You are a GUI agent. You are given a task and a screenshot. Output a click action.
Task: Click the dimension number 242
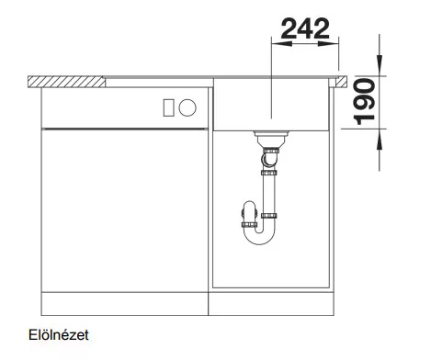pyautogui.click(x=305, y=28)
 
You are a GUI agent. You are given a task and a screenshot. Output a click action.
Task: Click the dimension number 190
pyautogui.click(x=364, y=102)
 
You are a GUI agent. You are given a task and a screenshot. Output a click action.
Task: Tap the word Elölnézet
pyautogui.click(x=59, y=335)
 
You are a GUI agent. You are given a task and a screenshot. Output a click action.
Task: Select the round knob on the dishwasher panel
pyautogui.click(x=187, y=107)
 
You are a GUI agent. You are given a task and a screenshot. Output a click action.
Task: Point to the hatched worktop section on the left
pyautogui.click(x=66, y=82)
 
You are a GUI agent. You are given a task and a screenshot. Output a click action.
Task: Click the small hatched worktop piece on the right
pyautogui.click(x=341, y=82)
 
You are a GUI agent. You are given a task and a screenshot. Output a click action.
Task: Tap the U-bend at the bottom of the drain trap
pyautogui.click(x=259, y=237)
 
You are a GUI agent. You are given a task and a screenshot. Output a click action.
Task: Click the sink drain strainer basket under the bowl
pyautogui.click(x=271, y=139)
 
